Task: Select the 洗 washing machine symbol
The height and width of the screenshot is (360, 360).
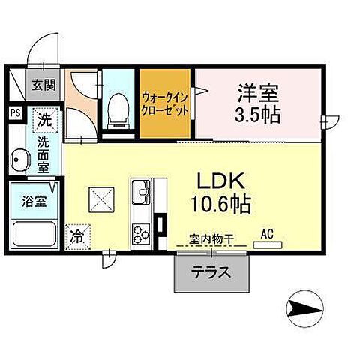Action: click(x=45, y=118)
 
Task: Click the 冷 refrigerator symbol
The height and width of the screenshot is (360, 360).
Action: click(x=77, y=234)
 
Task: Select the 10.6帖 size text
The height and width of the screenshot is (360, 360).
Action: click(x=223, y=203)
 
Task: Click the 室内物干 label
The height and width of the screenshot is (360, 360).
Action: click(x=211, y=239)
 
